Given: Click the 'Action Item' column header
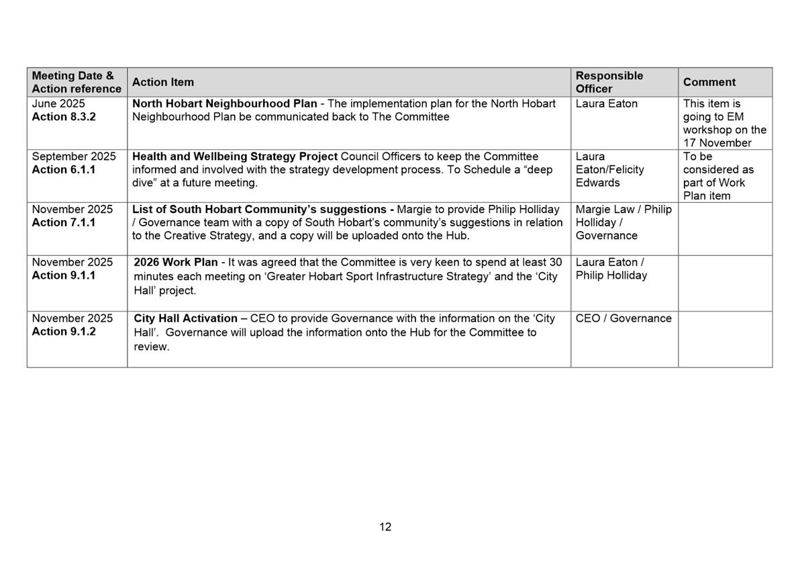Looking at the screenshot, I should tap(162, 82).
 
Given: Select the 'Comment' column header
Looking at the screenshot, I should tap(709, 82).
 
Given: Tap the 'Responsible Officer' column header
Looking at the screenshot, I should tap(609, 82).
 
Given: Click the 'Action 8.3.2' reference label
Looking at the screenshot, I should tap(64, 117).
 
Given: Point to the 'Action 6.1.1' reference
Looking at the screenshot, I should tap(64, 170).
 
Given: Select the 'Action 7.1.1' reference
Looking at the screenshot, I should tap(64, 222).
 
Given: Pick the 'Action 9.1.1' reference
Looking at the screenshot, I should tap(64, 275).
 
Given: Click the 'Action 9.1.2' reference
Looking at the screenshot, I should tap(64, 332).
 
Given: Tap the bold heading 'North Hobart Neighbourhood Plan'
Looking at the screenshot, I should tap(224, 104).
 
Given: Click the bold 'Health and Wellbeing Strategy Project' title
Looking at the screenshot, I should tap(235, 157).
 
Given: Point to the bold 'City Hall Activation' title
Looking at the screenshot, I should tap(185, 318).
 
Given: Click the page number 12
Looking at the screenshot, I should tap(385, 527).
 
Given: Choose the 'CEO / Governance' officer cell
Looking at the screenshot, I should tap(623, 318).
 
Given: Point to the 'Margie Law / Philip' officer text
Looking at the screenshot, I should tap(623, 210).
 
